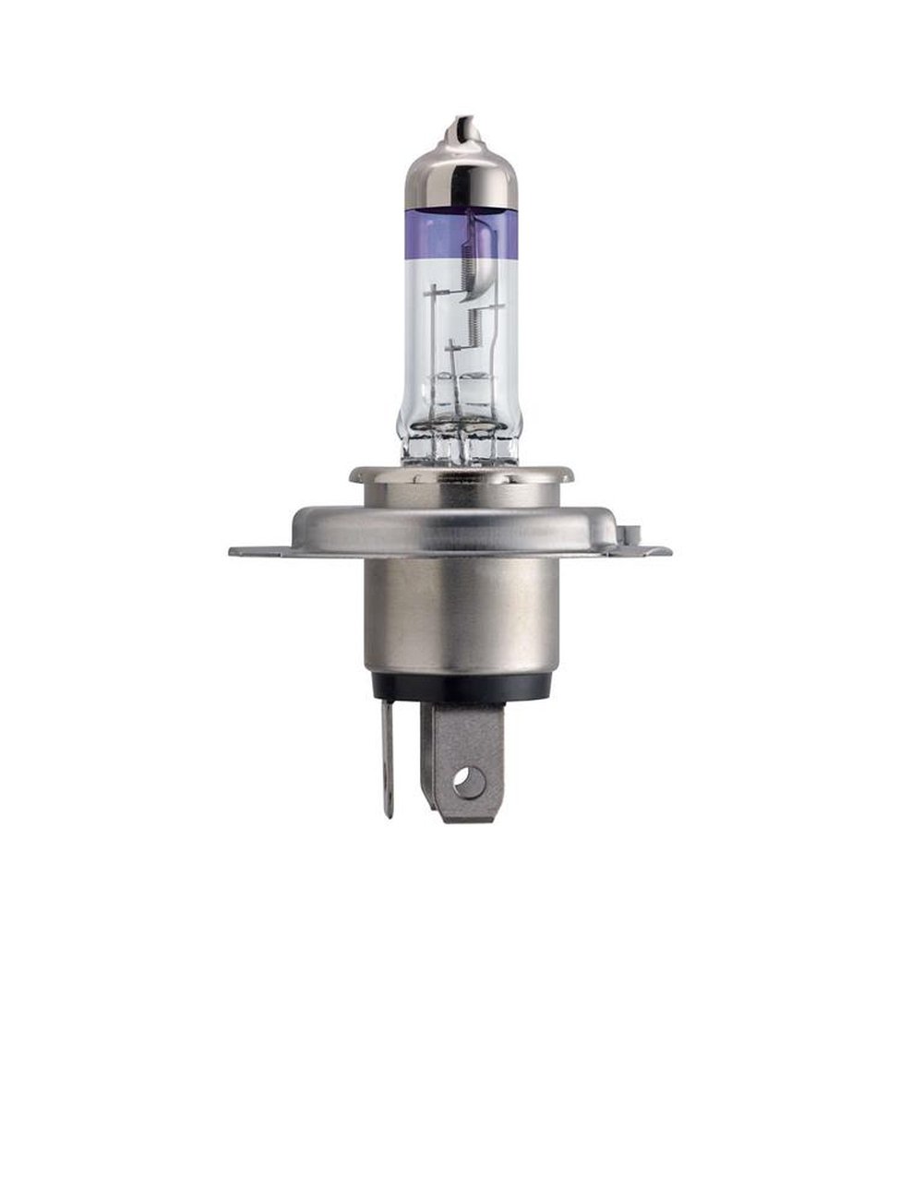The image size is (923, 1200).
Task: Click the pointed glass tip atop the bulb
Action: tap(462, 128)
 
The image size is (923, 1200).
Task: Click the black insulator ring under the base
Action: tap(461, 686)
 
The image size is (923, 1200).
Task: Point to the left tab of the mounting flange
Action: tap(254, 551)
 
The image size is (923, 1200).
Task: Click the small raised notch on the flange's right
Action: tap(632, 534)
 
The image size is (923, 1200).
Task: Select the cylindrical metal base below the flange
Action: tap(461, 618)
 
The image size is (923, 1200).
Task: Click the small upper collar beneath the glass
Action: tap(461, 474)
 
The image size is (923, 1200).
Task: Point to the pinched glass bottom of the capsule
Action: tap(461, 443)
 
